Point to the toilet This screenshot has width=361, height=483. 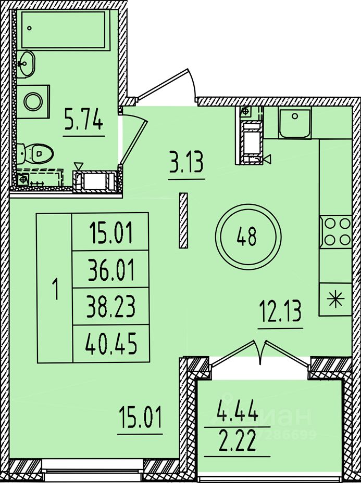pos(36,152)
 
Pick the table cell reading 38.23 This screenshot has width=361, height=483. pos(110,307)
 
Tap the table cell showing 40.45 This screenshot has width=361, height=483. pos(110,343)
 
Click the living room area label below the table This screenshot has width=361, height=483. pos(139,419)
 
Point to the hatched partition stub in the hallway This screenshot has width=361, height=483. pos(183,220)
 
